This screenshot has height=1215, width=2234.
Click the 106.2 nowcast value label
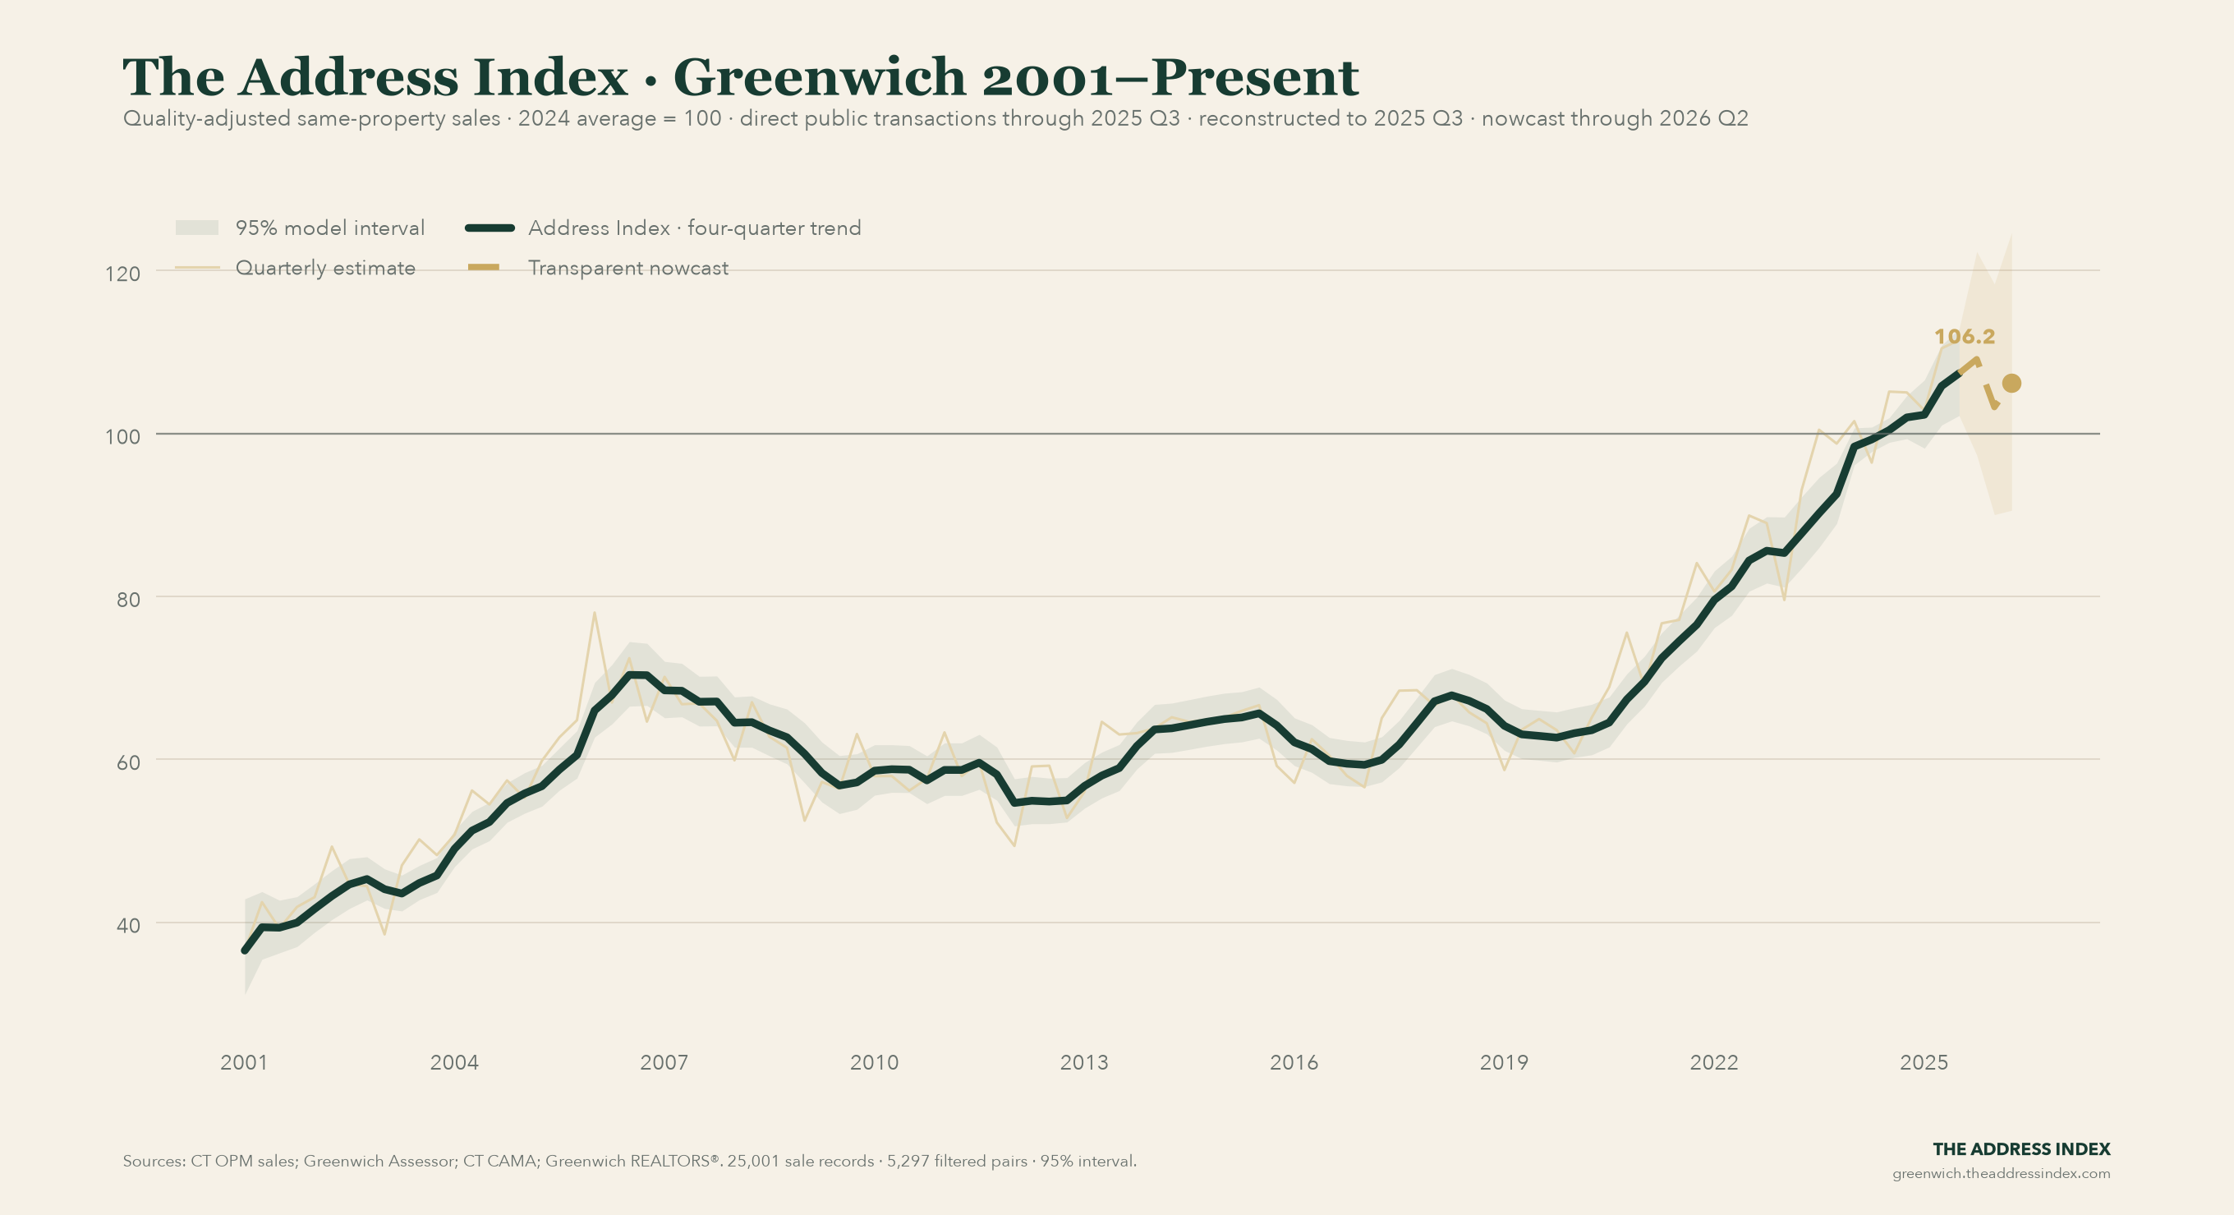pyautogui.click(x=1965, y=337)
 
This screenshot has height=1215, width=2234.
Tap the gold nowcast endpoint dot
pyautogui.click(x=2011, y=384)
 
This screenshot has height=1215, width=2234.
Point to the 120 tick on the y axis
pyautogui.click(x=122, y=274)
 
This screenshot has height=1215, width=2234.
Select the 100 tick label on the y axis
pyautogui.click(x=122, y=436)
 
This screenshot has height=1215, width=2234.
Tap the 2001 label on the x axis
pyautogui.click(x=244, y=1062)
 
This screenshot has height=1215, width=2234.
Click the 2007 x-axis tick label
pyautogui.click(x=664, y=1062)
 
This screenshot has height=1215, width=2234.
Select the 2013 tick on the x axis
pyautogui.click(x=1084, y=1062)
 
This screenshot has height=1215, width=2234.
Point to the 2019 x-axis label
pyautogui.click(x=1504, y=1062)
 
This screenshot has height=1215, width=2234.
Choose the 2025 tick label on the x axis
pyautogui.click(x=1924, y=1062)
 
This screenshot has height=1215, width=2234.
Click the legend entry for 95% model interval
pyautogui.click(x=300, y=228)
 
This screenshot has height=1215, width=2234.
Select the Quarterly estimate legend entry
pyautogui.click(x=296, y=268)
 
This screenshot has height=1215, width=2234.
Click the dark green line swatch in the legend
pyautogui.click(x=491, y=228)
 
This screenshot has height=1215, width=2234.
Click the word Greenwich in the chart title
pyautogui.click(x=819, y=77)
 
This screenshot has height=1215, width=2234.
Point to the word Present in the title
pyautogui.click(x=1256, y=77)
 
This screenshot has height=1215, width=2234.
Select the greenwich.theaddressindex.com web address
pyautogui.click(x=2001, y=1173)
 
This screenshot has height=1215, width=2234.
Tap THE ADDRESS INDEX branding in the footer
pyautogui.click(x=2021, y=1149)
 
